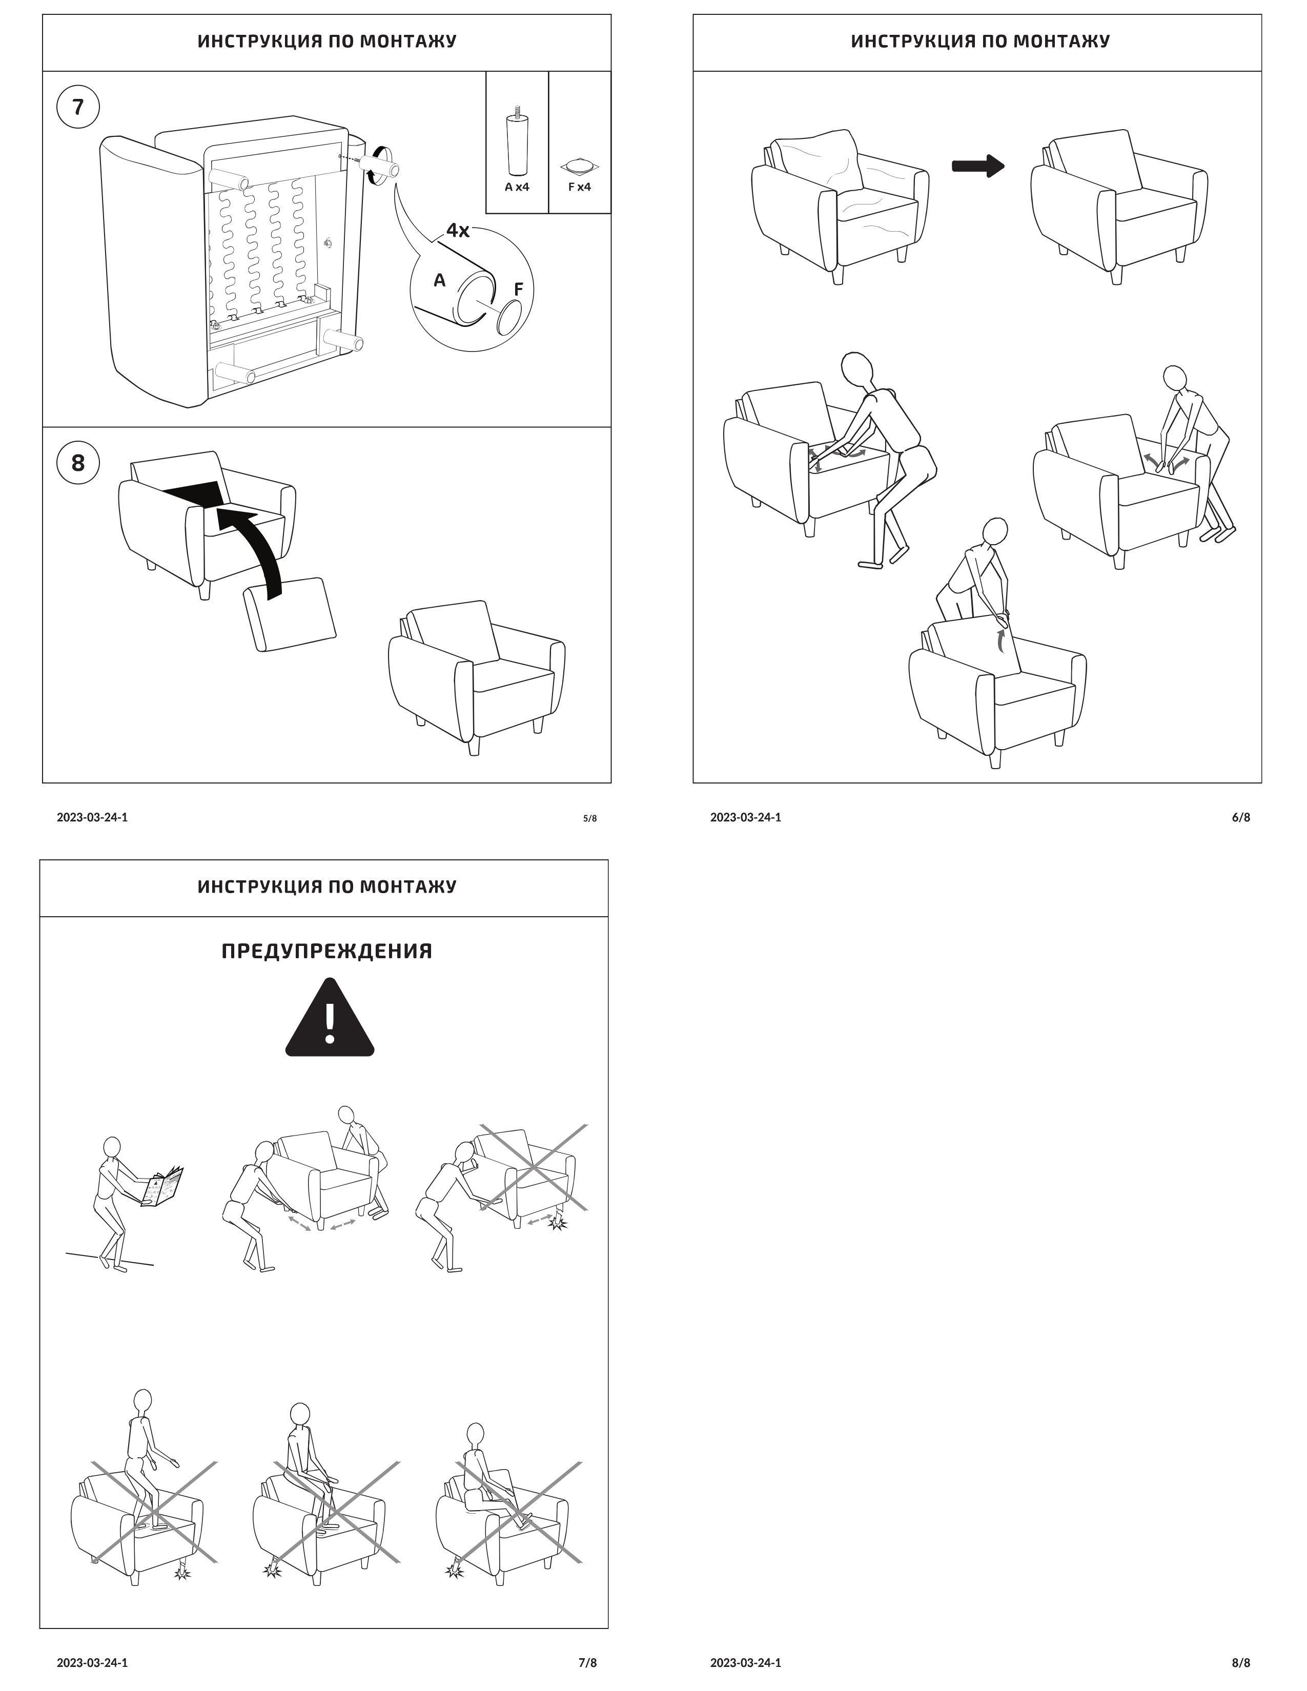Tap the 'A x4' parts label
click(517, 187)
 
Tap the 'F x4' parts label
click(579, 187)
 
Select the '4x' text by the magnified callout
click(458, 231)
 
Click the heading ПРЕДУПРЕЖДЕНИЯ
click(327, 951)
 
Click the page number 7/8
click(588, 1662)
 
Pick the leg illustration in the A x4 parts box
click(517, 143)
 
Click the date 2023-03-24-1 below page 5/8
click(92, 817)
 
